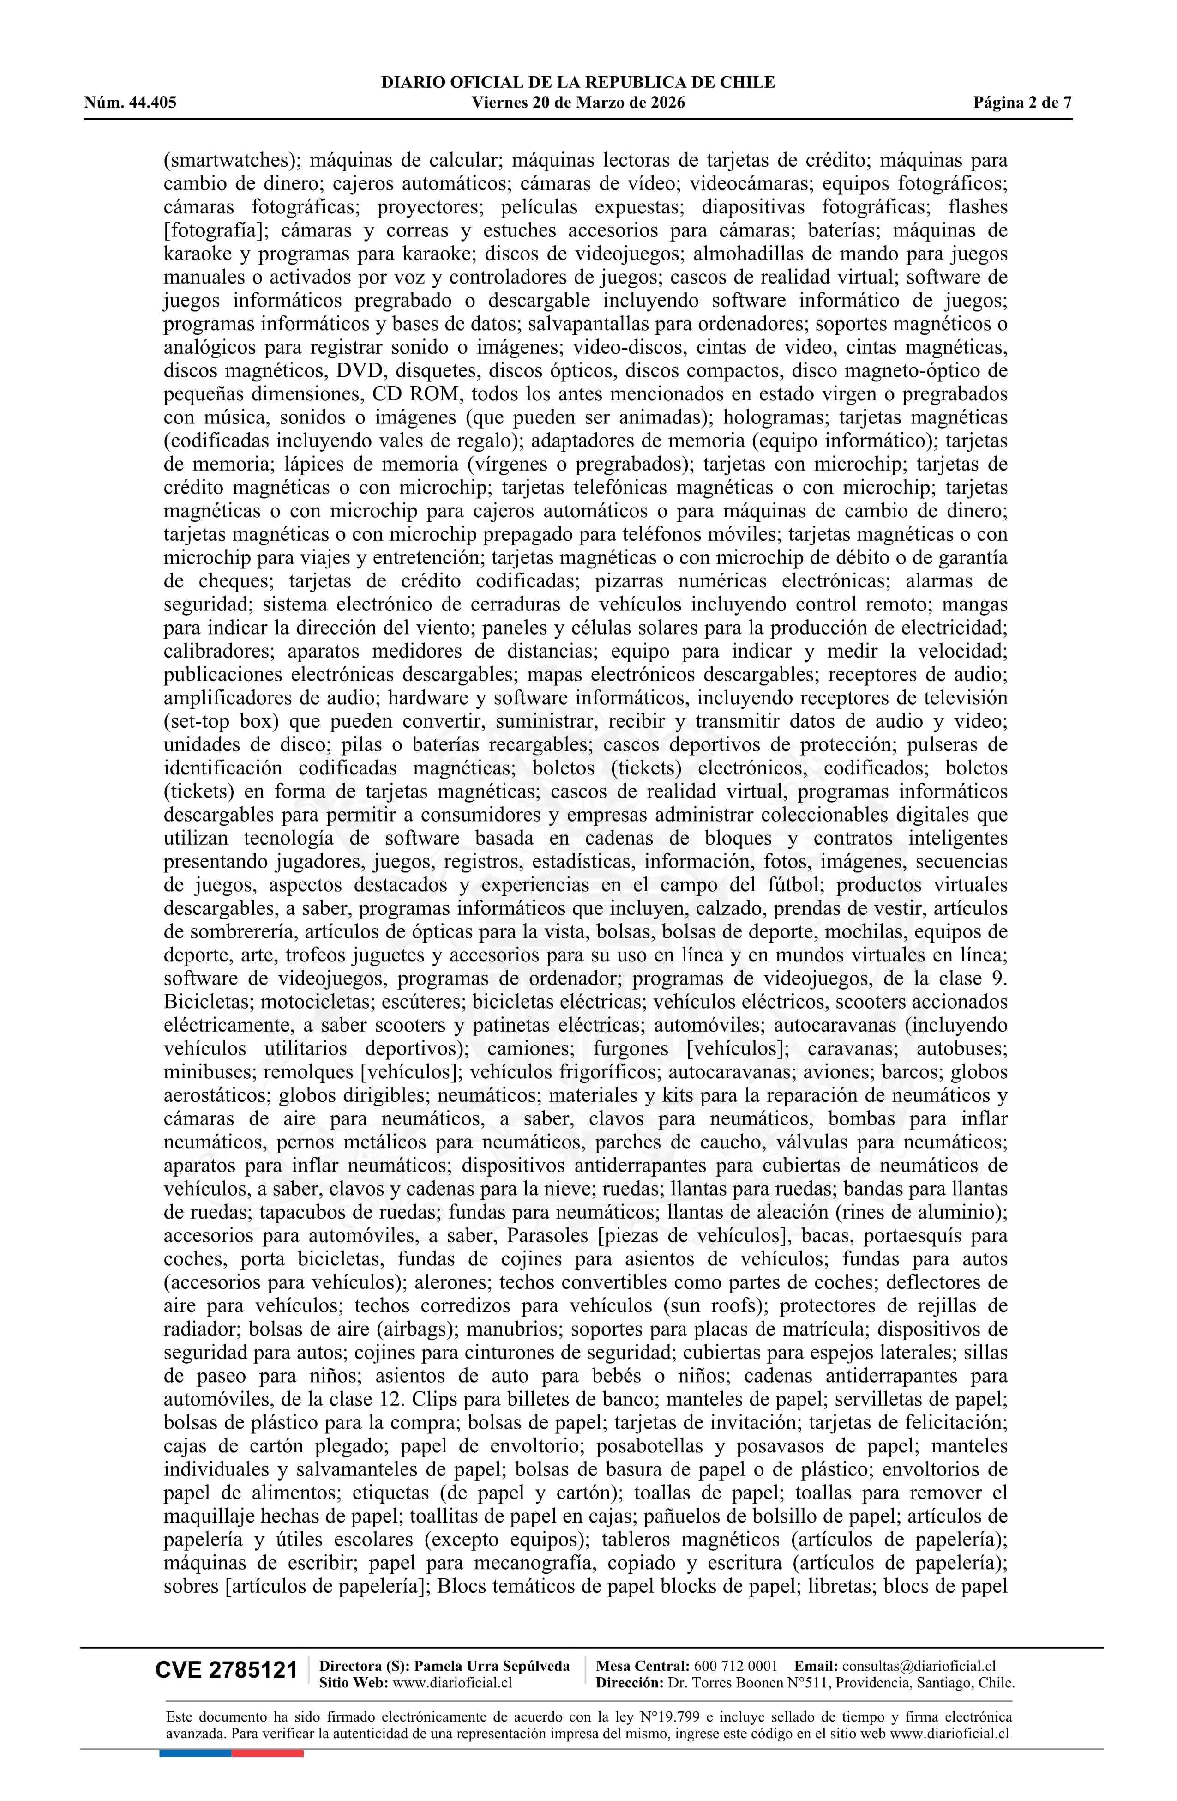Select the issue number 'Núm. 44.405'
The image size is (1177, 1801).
pos(130,103)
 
